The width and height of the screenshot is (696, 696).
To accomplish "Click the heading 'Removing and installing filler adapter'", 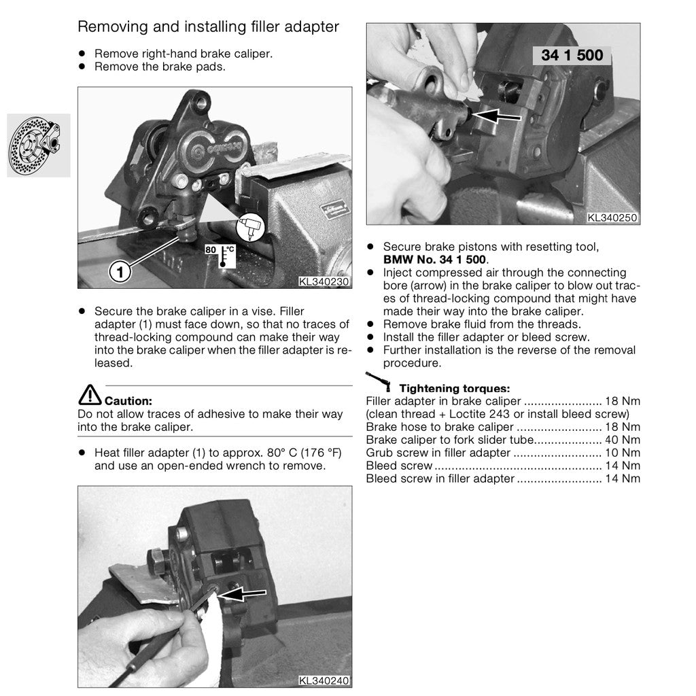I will [x=208, y=27].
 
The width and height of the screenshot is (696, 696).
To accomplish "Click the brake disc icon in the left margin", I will [x=39, y=145].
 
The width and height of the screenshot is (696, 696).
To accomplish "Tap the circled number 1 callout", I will [x=120, y=272].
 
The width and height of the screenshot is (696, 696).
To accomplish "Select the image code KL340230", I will [x=324, y=281].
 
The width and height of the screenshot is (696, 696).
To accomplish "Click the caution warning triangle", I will [x=90, y=394].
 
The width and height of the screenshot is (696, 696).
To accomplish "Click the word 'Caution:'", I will [x=128, y=401].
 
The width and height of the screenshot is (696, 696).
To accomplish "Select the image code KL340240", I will [x=324, y=680].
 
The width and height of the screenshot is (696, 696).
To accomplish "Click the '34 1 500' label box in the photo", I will [x=572, y=56].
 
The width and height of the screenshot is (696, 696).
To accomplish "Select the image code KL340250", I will [x=612, y=218].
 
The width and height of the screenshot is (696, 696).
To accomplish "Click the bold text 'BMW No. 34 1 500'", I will [x=434, y=260].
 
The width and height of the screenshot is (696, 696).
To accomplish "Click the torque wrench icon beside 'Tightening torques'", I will [x=379, y=381].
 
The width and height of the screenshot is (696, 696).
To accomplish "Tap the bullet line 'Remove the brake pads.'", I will [x=160, y=67].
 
